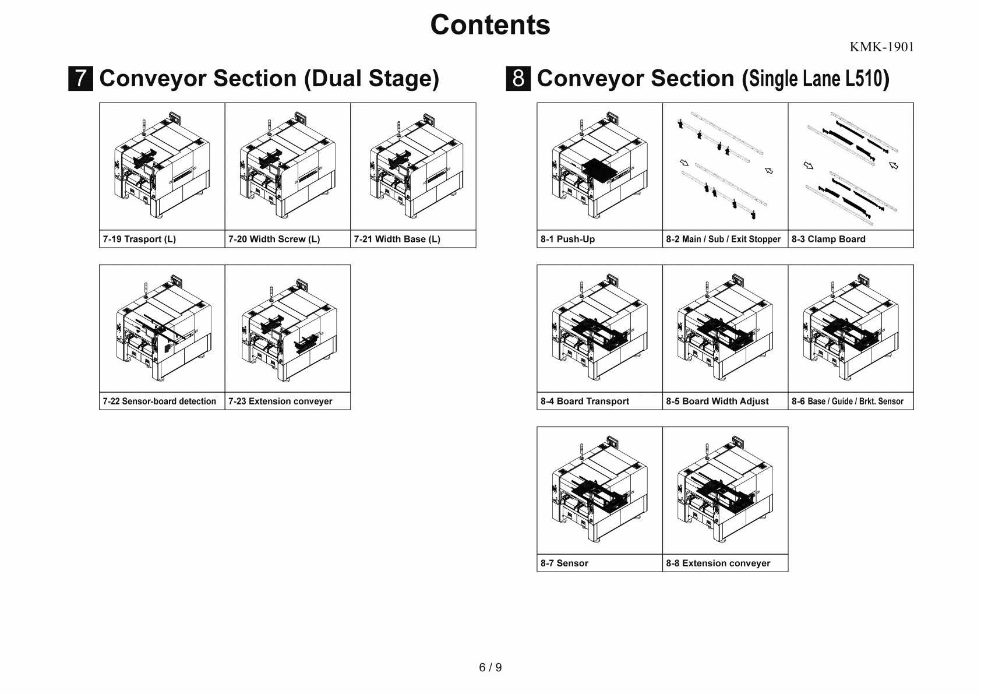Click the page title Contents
point(490,25)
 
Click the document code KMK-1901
point(881,47)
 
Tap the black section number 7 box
point(80,79)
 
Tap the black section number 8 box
point(518,79)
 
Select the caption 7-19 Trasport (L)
point(139,239)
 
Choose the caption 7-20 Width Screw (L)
point(274,239)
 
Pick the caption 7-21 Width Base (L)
point(397,239)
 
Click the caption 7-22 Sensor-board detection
point(159,401)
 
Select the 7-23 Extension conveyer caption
point(280,401)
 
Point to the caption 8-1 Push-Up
point(567,239)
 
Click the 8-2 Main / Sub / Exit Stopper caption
point(723,239)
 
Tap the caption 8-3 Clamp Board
point(828,239)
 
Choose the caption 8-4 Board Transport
point(584,401)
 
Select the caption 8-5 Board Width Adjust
point(717,401)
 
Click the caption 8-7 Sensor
point(564,563)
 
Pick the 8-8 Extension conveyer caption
point(718,563)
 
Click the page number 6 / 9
point(490,667)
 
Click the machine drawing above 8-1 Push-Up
point(599,166)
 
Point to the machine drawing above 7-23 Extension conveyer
point(288,328)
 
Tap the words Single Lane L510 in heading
point(815,79)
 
